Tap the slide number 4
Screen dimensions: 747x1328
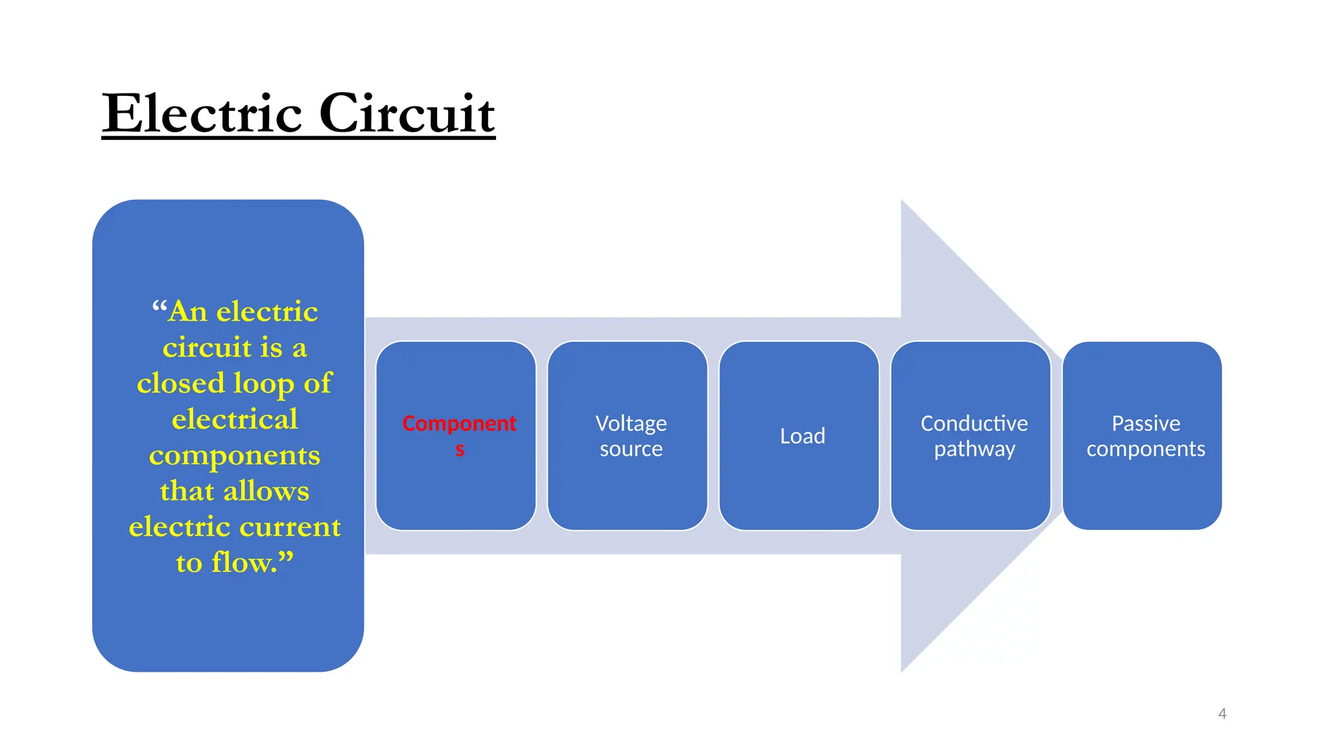point(1222,714)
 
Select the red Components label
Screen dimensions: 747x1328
point(459,424)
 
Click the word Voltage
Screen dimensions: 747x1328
point(631,423)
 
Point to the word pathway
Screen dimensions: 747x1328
point(974,449)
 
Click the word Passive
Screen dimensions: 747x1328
point(1146,423)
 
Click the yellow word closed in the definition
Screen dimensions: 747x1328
point(181,383)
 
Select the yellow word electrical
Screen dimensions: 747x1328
point(235,419)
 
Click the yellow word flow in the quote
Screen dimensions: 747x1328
point(243,562)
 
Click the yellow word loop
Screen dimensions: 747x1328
point(263,384)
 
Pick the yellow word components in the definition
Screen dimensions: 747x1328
point(235,456)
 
